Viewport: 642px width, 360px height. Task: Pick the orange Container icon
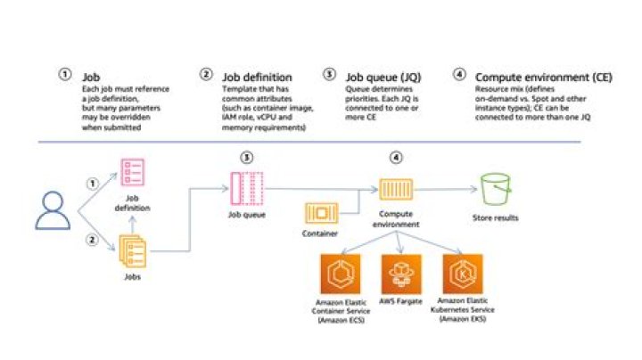pyautogui.click(x=321, y=214)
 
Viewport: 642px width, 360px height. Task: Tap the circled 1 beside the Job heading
pyautogui.click(x=64, y=76)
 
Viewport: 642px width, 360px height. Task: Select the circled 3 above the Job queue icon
pyautogui.click(x=247, y=157)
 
